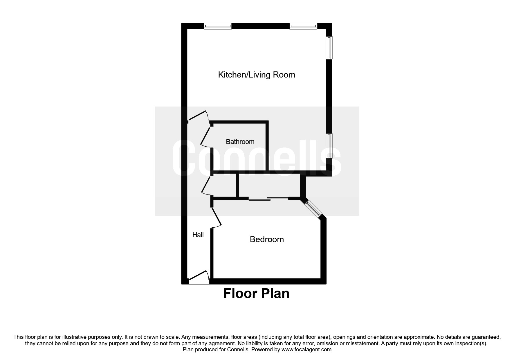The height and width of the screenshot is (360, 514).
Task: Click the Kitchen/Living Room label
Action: click(257, 75)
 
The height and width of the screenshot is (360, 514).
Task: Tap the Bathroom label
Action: click(240, 142)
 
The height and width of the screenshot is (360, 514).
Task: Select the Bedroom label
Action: click(267, 240)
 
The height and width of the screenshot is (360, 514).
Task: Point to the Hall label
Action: click(198, 235)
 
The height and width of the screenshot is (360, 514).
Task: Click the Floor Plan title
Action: click(256, 294)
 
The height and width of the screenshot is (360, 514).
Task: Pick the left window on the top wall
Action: click(218, 26)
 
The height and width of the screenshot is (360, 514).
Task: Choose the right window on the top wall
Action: click(303, 26)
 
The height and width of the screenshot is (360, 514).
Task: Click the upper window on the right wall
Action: click(329, 47)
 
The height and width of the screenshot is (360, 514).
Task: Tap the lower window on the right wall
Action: click(329, 146)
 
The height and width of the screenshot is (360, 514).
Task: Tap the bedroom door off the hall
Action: click(216, 217)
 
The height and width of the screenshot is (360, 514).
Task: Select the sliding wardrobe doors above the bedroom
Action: click(268, 199)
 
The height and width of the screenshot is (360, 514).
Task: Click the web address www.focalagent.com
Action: click(306, 350)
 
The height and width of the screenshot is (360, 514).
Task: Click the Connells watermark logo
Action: click(257, 158)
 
